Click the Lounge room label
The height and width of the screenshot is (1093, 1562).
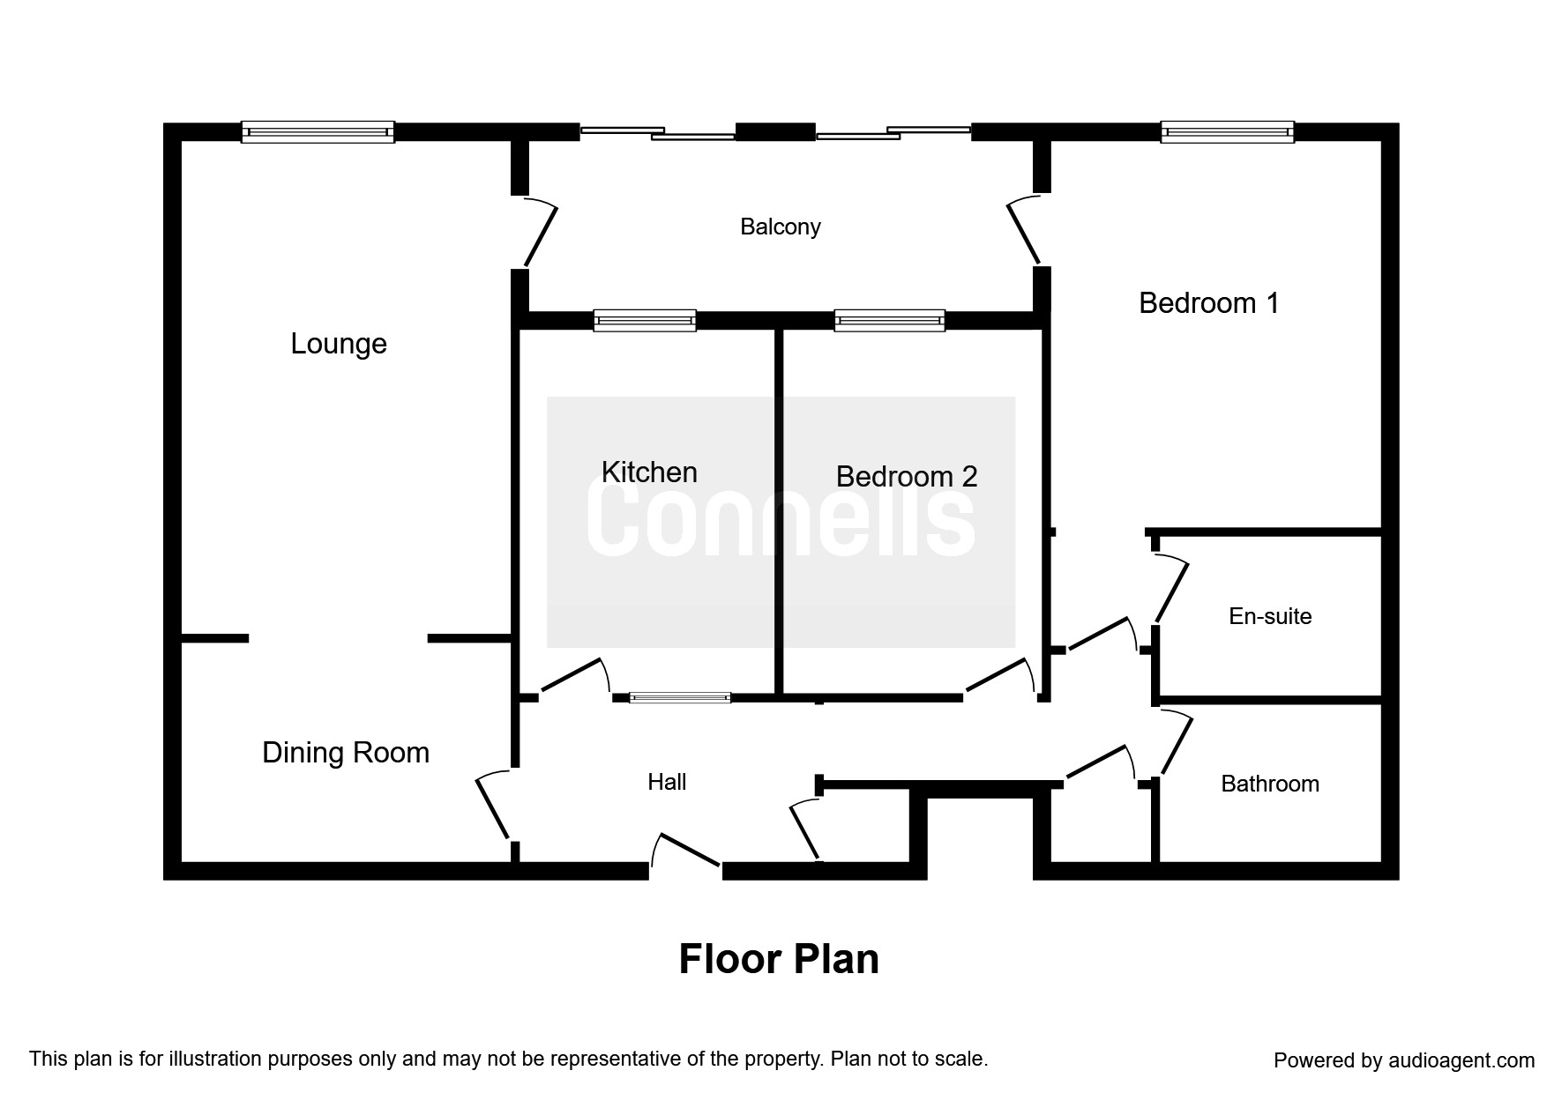[339, 344]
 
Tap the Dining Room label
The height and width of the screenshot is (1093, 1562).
[346, 753]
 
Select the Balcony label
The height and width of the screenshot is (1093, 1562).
[781, 227]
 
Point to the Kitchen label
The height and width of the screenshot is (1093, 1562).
[649, 472]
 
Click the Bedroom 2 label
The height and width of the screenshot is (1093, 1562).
[907, 477]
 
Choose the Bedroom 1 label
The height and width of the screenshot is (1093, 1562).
[1208, 303]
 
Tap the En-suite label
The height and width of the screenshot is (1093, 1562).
[1270, 616]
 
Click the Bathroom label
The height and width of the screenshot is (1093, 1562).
[1270, 784]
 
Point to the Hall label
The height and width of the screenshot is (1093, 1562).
[667, 782]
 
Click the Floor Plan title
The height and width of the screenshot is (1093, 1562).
[779, 959]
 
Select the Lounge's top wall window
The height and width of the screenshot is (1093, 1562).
[318, 132]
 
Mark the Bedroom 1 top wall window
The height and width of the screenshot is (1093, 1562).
[1227, 132]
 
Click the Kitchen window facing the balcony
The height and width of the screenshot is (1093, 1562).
[645, 320]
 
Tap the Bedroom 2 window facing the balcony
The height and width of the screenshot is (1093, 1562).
[889, 320]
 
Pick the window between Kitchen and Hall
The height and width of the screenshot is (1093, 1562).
[680, 698]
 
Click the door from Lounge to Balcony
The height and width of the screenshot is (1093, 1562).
[540, 234]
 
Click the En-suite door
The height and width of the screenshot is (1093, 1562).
[1170, 589]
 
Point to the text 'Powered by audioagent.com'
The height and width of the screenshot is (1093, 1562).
[1404, 1060]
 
